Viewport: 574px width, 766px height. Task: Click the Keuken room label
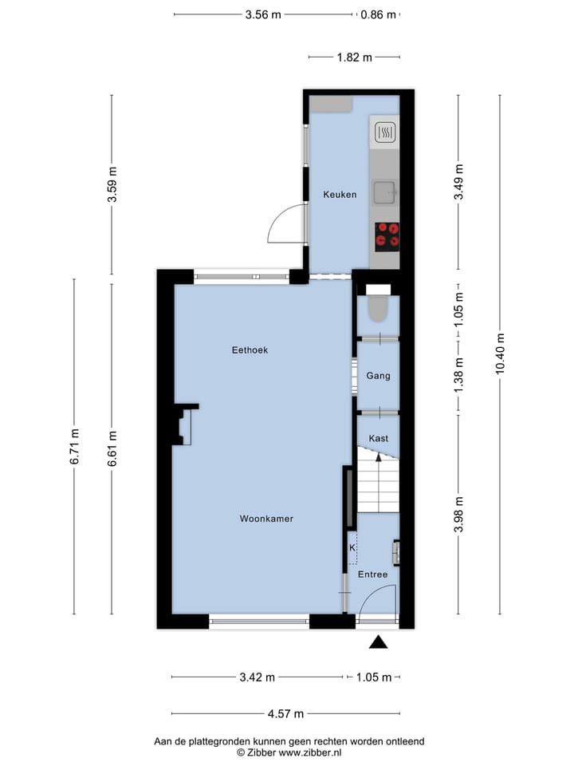click(339, 195)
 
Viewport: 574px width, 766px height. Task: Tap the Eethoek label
click(250, 349)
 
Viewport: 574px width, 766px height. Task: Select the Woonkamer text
click(266, 519)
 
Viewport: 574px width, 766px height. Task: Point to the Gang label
click(378, 376)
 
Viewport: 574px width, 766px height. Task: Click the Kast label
click(379, 438)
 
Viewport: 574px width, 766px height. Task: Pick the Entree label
click(372, 574)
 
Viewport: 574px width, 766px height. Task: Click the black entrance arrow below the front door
click(378, 642)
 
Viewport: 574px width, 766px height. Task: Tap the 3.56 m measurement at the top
click(263, 14)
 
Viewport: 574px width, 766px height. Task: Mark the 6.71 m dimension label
click(74, 448)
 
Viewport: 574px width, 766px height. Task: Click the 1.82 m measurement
click(354, 57)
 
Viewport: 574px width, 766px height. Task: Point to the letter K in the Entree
click(352, 548)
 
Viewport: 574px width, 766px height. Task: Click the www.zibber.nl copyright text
click(289, 752)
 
